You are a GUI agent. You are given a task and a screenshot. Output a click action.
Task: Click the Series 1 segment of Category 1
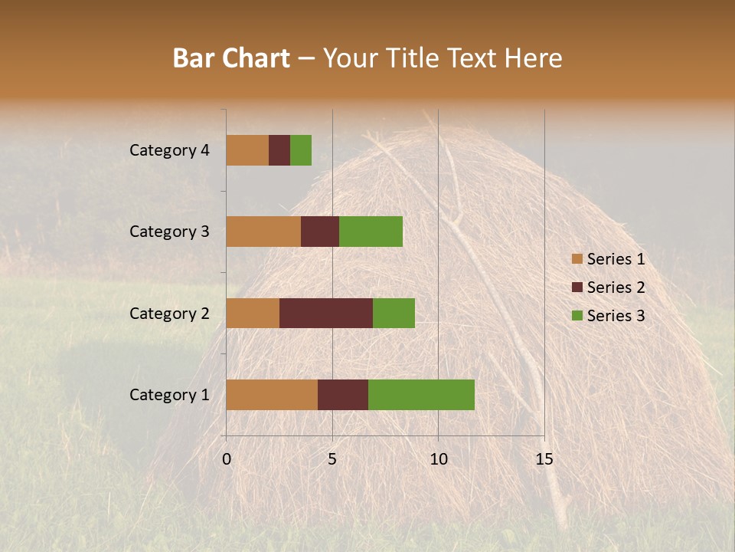tap(272, 395)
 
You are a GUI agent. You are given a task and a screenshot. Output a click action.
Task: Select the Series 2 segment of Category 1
tap(343, 395)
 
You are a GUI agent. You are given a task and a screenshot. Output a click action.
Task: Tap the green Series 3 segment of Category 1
tap(421, 395)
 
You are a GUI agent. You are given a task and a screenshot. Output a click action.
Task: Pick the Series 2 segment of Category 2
tap(326, 313)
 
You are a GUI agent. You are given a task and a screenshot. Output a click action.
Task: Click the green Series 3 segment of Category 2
tap(394, 313)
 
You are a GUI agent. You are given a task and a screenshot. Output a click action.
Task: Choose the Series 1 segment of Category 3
tap(263, 232)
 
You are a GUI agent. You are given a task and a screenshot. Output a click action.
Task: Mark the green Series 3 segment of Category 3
tap(371, 232)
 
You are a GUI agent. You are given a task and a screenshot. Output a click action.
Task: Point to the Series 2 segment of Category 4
tap(279, 150)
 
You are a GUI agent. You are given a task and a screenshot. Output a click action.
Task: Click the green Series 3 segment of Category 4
tap(301, 150)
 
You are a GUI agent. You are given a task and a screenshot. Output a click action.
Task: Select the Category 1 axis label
tap(168, 395)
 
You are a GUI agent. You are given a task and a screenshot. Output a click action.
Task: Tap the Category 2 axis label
tap(168, 313)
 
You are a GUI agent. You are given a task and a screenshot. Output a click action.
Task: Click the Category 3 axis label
tap(168, 232)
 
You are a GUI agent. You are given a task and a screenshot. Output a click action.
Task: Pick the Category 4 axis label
tap(168, 150)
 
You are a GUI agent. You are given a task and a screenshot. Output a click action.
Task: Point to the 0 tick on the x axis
tap(227, 459)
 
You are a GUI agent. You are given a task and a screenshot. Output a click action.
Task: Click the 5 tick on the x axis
tap(332, 459)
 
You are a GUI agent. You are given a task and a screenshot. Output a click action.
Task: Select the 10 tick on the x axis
tap(438, 459)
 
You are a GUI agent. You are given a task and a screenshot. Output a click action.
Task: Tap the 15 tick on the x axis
tap(544, 459)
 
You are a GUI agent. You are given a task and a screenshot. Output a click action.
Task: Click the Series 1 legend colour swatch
tap(577, 259)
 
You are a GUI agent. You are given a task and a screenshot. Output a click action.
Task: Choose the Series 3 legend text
tap(616, 316)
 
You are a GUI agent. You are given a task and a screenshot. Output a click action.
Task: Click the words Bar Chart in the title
tap(231, 58)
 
